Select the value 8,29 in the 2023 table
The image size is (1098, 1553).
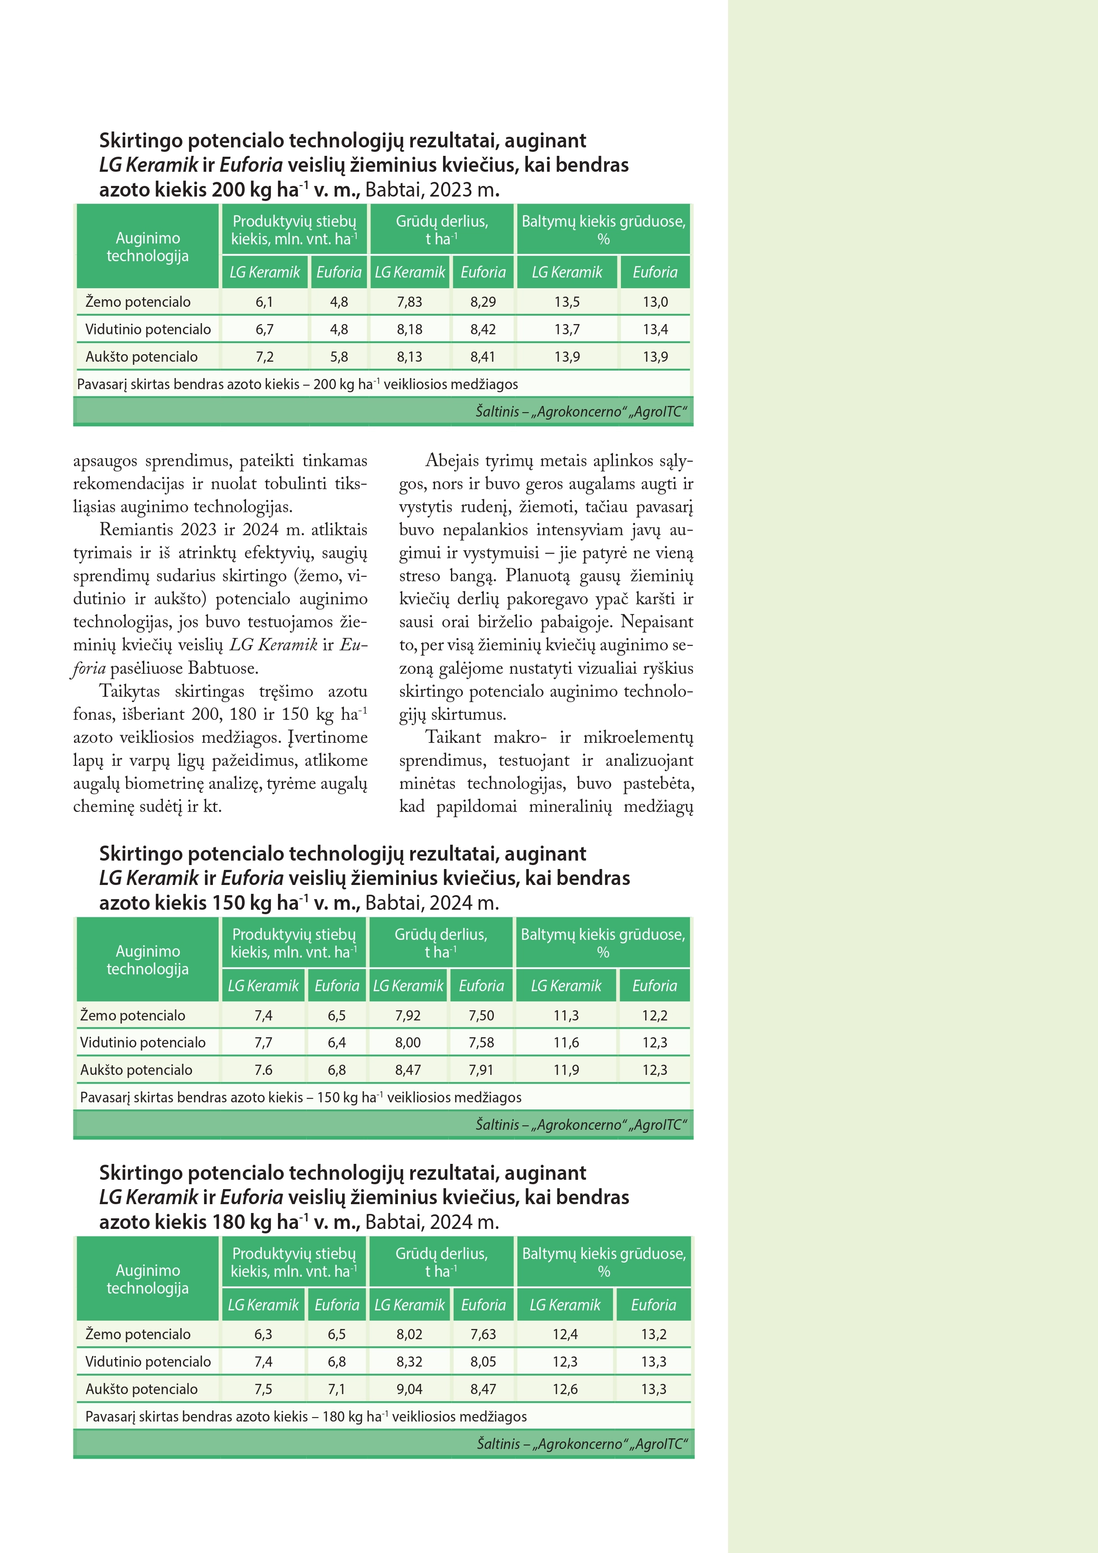coord(483,301)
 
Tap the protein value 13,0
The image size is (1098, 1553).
coord(655,301)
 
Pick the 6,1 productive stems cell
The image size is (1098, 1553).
coord(264,301)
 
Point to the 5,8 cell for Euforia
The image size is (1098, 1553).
coord(338,356)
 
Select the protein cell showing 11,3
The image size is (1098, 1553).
coord(566,1015)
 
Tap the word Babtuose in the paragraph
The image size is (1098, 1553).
coord(223,668)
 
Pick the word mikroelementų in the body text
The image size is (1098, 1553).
coord(638,737)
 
